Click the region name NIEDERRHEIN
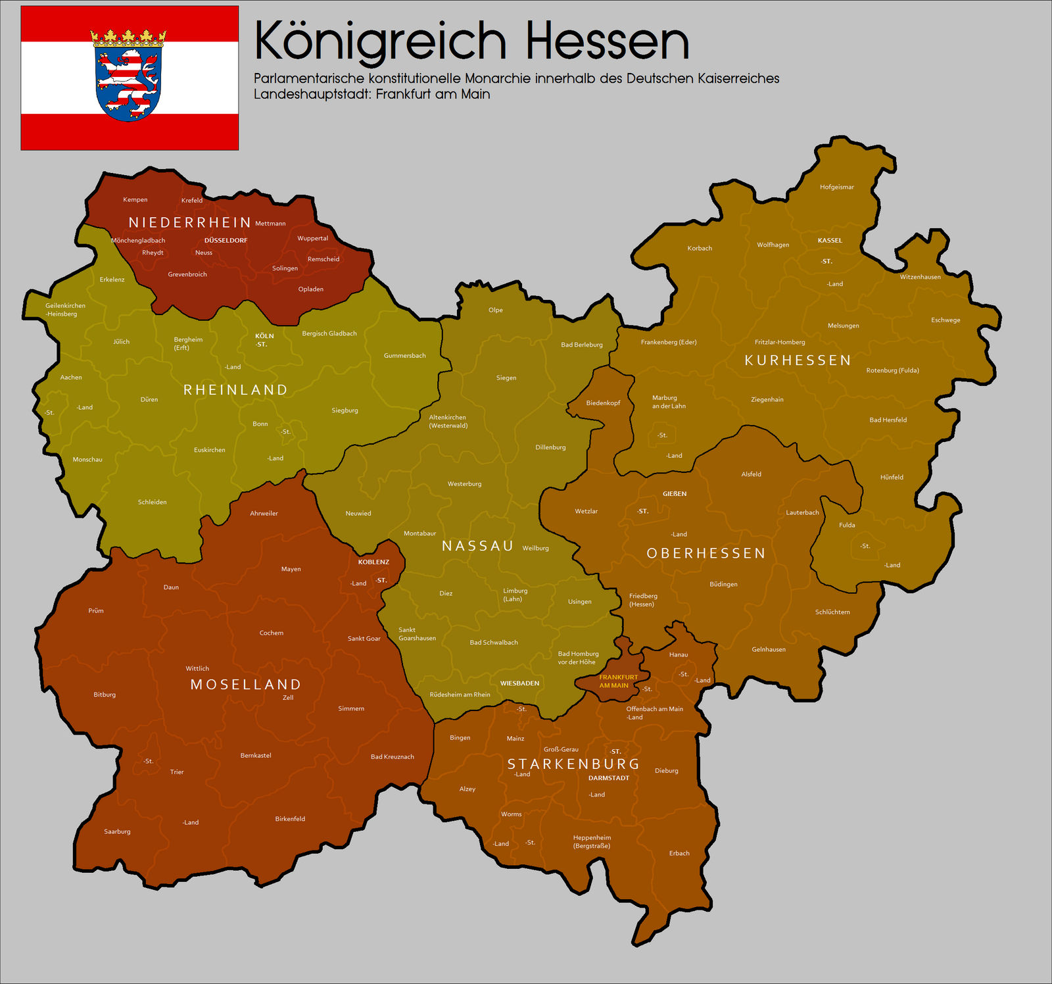tap(189, 222)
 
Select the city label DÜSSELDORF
tap(226, 241)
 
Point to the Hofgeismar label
tap(836, 187)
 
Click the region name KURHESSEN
tap(798, 360)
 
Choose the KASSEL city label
tap(830, 241)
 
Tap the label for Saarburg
tap(117, 832)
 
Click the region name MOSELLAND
tap(245, 685)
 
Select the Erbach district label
tap(679, 854)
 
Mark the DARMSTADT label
tap(608, 778)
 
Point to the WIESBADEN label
tap(519, 683)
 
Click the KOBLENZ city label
tap(373, 562)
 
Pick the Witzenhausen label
tap(920, 277)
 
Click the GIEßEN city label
tap(675, 494)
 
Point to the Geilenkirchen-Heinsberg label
tap(64, 310)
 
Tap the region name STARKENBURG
tap(573, 764)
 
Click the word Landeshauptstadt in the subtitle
tap(312, 94)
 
